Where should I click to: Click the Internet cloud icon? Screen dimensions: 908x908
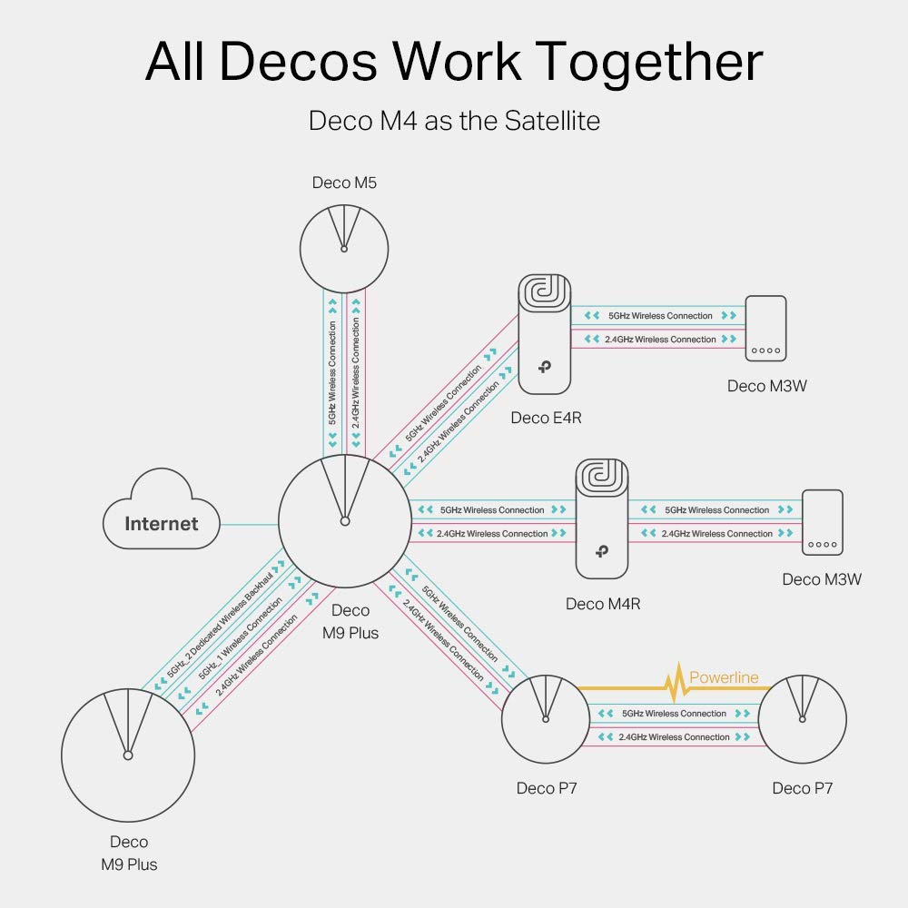click(x=162, y=509)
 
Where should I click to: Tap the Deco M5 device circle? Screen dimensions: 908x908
click(x=344, y=249)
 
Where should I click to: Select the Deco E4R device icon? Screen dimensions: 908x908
click(x=544, y=335)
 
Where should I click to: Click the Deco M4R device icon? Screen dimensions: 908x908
click(x=602, y=518)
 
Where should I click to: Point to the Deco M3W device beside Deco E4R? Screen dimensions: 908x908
click(x=765, y=329)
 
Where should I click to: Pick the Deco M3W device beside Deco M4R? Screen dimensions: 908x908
click(x=823, y=522)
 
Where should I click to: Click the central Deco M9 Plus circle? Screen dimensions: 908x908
click(x=345, y=521)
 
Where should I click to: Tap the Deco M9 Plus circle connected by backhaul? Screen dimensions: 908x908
click(x=128, y=755)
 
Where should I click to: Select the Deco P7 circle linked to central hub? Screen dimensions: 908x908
click(x=546, y=719)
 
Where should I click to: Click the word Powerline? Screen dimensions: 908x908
click(x=724, y=677)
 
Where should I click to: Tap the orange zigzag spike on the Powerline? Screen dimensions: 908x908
click(x=676, y=684)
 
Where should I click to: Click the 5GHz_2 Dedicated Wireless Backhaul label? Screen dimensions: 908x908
click(x=220, y=626)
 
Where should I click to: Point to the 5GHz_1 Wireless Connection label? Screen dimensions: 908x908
click(x=241, y=638)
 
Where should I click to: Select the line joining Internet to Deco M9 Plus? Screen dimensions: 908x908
click(x=250, y=525)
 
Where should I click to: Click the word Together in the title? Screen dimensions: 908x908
click(x=648, y=63)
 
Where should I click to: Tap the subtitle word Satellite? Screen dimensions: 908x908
click(x=552, y=121)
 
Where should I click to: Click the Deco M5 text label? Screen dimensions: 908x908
click(x=344, y=183)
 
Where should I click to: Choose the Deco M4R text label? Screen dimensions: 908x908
click(x=603, y=604)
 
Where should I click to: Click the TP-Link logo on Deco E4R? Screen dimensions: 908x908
click(x=544, y=367)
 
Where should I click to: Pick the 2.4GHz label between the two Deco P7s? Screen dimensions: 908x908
click(x=674, y=737)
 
